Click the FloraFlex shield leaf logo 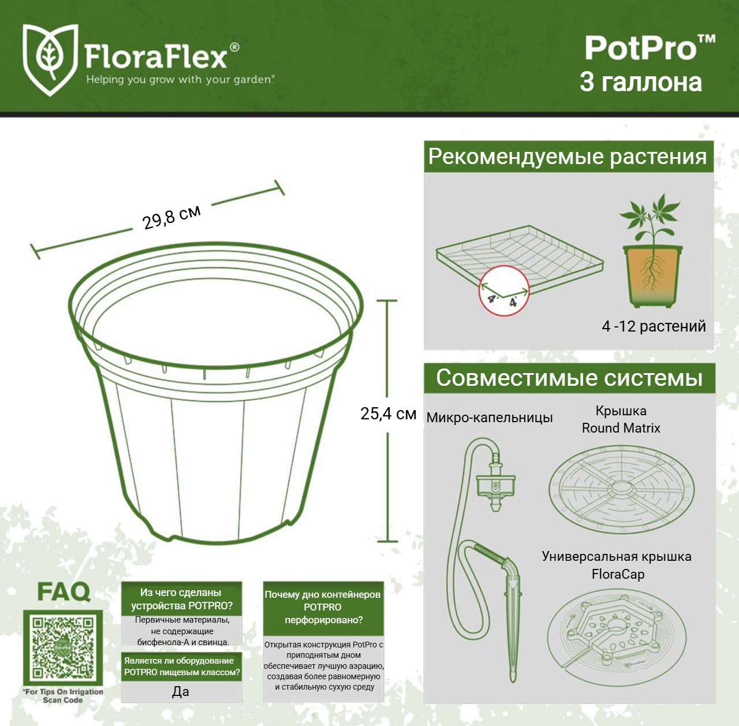50,59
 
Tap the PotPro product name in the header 650,48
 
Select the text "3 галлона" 640,82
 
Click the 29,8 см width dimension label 171,217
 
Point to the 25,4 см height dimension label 388,414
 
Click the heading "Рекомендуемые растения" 568,157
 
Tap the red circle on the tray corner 504,291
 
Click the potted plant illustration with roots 652,251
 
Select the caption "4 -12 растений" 654,326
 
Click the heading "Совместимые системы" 569,378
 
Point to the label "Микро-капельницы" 490,418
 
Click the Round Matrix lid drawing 621,489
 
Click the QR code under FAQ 63,647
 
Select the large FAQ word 64,592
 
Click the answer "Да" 180,691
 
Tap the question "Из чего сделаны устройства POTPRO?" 181,599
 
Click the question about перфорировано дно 323,607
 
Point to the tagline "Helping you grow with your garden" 180,80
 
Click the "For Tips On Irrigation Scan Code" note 64,696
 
